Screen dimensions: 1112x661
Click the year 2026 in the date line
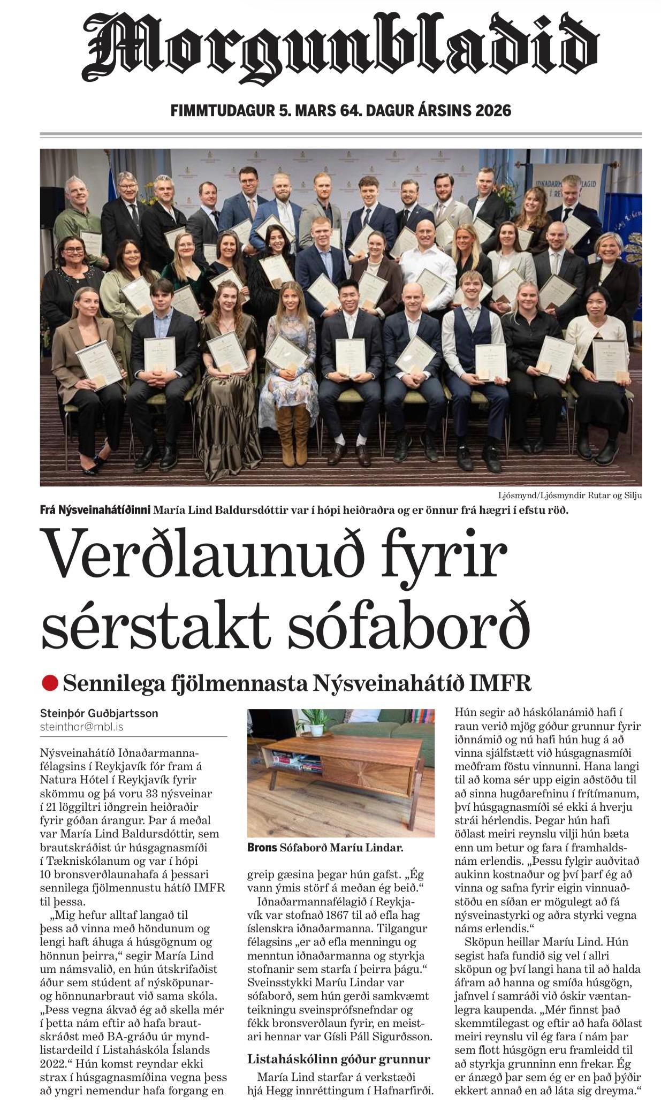[492, 111]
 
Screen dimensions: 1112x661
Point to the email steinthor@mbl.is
[81, 727]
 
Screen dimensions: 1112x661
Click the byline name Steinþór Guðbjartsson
[99, 713]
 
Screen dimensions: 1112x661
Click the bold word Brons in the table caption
[262, 848]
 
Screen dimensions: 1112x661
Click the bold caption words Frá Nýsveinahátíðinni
[95, 510]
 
